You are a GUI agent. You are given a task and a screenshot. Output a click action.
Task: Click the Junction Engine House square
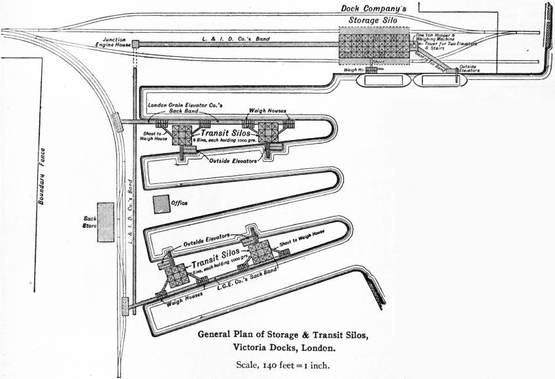136,45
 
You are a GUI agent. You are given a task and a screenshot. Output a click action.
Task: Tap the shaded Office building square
160,204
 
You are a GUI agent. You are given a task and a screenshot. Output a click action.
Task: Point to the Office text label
178,203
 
